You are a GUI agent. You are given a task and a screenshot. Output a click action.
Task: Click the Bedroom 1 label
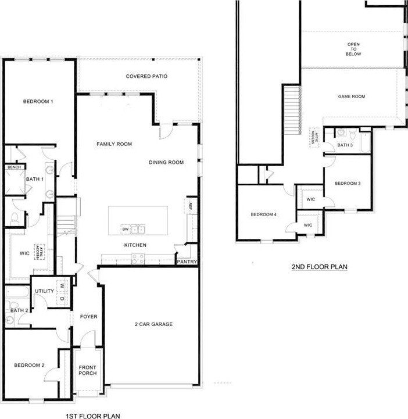tap(38, 102)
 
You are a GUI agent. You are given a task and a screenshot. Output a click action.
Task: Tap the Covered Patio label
tap(147, 76)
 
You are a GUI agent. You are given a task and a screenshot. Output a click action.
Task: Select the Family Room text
tap(114, 144)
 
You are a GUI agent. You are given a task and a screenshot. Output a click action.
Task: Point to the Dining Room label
tap(166, 162)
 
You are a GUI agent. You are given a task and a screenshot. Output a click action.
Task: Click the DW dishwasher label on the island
tap(125, 228)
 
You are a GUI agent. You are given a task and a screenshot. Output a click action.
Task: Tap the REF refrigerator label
tap(189, 205)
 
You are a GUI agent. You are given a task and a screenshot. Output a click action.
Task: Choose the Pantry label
tap(187, 262)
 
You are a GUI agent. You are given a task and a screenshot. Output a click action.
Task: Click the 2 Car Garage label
tap(153, 324)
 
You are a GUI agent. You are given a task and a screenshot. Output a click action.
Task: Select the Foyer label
tap(88, 317)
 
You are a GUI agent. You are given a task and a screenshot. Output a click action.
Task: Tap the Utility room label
tap(44, 291)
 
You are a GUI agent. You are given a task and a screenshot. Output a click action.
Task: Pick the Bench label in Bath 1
tap(13, 167)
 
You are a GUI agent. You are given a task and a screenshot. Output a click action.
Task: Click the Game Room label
tap(352, 96)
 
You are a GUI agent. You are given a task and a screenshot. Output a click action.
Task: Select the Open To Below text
tap(354, 49)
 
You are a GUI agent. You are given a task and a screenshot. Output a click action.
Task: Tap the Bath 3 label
tap(345, 145)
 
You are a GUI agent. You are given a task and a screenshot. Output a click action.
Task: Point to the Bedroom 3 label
tap(348, 184)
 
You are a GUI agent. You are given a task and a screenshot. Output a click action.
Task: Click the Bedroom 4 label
tap(263, 214)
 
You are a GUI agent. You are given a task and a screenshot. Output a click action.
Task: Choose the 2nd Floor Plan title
tap(319, 267)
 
